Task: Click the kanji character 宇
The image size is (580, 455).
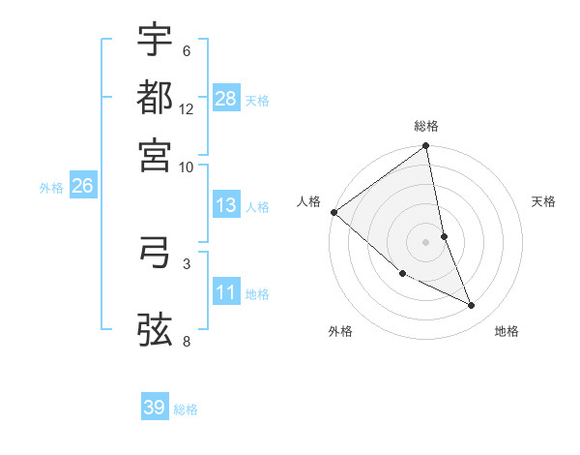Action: click(155, 41)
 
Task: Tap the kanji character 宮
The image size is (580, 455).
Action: click(155, 153)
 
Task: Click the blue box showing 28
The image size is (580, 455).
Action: click(226, 99)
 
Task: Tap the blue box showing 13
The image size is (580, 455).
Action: click(226, 205)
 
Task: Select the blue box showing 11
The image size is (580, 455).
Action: click(226, 292)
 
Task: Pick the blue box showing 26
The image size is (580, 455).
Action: click(82, 187)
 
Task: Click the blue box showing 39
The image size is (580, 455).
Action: click(155, 408)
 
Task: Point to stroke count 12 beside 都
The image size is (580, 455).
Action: click(187, 109)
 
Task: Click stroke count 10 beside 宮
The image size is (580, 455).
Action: click(187, 166)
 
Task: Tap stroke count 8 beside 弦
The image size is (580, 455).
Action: click(187, 341)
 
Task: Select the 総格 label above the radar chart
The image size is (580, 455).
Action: click(426, 126)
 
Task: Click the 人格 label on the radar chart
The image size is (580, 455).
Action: click(309, 201)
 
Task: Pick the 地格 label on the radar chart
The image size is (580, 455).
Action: click(507, 331)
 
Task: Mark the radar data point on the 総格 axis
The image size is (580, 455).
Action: click(426, 147)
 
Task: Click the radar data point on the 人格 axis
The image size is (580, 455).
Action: click(333, 212)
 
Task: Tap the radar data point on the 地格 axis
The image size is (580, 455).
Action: click(472, 306)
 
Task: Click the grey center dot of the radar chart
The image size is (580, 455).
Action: click(426, 241)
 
